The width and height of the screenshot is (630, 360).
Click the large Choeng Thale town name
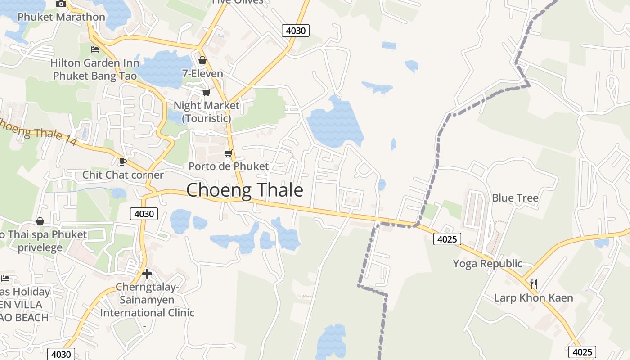point(245,190)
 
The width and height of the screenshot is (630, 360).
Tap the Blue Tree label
point(515,198)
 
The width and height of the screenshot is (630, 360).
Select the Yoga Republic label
point(487,263)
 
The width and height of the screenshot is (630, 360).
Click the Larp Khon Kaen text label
point(533,298)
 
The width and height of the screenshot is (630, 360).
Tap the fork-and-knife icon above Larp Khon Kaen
point(533,284)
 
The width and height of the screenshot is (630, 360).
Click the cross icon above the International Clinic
point(147,273)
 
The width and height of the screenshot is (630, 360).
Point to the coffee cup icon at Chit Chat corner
point(122,162)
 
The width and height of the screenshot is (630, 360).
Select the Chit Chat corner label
point(123,175)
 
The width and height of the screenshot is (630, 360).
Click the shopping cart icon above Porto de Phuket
point(228,153)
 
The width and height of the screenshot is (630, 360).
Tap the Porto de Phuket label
point(228,166)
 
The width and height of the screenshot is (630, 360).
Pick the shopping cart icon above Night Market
point(206,92)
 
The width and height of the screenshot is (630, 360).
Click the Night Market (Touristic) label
point(207,112)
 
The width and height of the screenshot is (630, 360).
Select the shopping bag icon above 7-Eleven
point(202,60)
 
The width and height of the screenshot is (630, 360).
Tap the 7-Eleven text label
point(202,73)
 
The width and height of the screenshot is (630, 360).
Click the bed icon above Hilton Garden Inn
point(95,49)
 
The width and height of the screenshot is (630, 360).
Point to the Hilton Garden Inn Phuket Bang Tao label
point(95,69)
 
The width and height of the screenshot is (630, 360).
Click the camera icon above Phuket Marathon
point(61,4)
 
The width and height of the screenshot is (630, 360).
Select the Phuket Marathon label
point(61,17)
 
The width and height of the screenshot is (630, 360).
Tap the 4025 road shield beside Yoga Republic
point(447,239)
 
